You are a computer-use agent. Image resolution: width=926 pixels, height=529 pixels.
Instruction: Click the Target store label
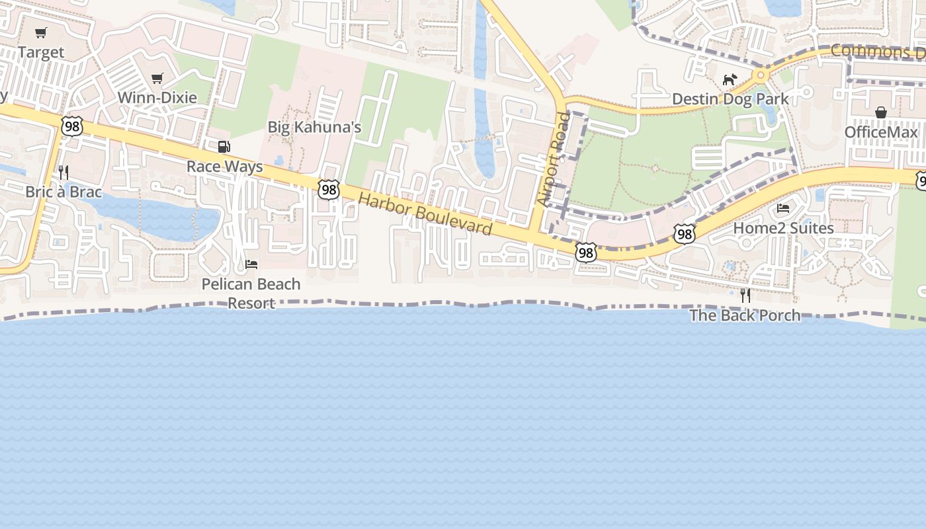(41, 52)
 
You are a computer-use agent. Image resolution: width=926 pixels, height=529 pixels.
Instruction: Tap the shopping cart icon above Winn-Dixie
(157, 79)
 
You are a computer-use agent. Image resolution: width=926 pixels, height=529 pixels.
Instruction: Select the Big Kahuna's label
(314, 127)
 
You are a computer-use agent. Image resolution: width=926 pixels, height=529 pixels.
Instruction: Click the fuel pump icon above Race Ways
(224, 147)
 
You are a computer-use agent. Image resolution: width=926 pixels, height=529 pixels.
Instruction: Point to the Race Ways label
(225, 167)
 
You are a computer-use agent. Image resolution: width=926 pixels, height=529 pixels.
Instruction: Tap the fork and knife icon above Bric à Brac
(63, 173)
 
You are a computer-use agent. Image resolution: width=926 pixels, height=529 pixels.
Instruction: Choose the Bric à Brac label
(63, 192)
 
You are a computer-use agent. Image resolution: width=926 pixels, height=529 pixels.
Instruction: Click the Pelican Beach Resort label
(251, 294)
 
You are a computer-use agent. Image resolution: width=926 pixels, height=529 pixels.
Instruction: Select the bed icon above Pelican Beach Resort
(251, 264)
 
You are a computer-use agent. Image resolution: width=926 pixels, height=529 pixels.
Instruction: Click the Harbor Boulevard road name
(426, 214)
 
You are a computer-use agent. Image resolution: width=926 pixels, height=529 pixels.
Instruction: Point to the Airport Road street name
(554, 159)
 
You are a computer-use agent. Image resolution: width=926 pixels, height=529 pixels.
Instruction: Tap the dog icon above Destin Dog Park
(730, 80)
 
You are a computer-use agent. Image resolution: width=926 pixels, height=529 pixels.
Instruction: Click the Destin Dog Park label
(730, 99)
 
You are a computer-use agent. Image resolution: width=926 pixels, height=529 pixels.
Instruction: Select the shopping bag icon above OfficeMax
(881, 113)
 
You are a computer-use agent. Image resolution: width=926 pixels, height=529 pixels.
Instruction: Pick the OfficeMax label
(881, 132)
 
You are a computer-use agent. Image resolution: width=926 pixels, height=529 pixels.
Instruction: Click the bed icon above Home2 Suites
(783, 208)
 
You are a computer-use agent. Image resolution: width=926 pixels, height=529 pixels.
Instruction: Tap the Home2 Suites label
(783, 228)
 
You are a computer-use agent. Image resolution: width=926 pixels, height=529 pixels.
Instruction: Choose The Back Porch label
(745, 315)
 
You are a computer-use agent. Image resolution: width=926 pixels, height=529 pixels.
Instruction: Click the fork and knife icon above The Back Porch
(745, 295)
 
